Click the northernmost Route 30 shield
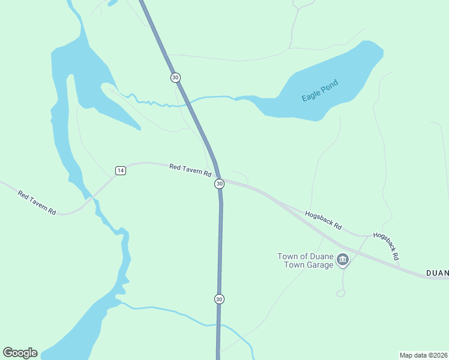click(175, 77)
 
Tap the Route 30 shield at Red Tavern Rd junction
click(220, 184)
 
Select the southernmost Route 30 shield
click(220, 299)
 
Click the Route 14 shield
click(121, 170)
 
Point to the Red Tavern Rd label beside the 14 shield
click(190, 170)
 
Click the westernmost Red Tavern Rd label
click(37, 203)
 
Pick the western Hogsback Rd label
click(323, 220)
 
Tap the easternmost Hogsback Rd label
click(386, 246)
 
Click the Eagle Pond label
click(320, 90)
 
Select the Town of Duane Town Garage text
click(305, 260)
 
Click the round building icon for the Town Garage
click(343, 260)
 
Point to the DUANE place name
click(437, 274)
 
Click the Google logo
click(20, 353)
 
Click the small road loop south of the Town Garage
click(341, 293)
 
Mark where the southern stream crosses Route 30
click(218, 325)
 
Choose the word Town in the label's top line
click(288, 256)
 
